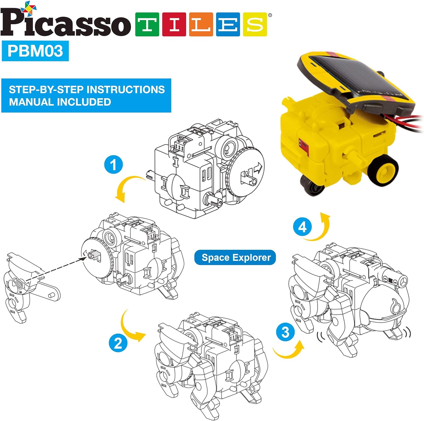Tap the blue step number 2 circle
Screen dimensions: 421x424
[x=118, y=343]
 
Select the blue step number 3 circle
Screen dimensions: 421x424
[x=285, y=332]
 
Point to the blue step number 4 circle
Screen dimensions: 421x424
[x=302, y=227]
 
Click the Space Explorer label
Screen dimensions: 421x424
[x=235, y=257]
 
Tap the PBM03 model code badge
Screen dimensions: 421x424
[x=35, y=51]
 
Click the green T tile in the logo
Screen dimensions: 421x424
[x=147, y=24]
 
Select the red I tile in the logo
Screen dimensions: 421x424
[x=174, y=24]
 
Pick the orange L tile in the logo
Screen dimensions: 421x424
[x=201, y=24]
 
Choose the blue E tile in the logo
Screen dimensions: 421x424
[x=228, y=24]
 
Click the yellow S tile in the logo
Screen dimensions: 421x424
[x=255, y=24]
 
